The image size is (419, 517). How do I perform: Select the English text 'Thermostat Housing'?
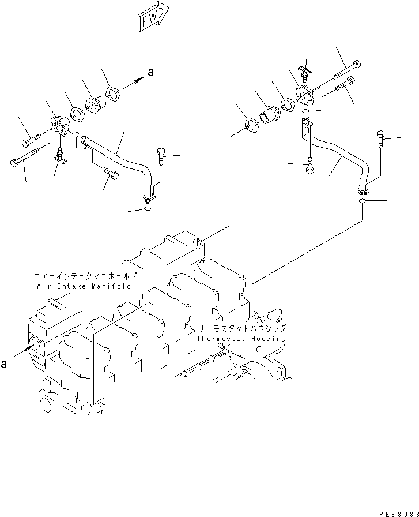(240, 339)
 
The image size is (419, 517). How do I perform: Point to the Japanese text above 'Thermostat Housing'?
(241, 328)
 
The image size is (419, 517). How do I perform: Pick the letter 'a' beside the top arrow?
(151, 72)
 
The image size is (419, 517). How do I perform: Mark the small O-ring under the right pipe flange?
(363, 201)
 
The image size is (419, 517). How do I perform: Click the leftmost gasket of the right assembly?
(252, 123)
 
